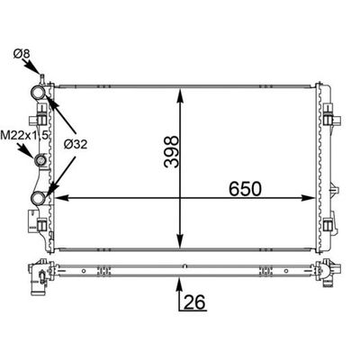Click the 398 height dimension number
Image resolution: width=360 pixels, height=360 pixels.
click(x=172, y=151)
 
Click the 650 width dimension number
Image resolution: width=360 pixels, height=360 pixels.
click(x=245, y=189)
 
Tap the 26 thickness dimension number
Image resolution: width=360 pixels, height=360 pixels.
click(x=194, y=301)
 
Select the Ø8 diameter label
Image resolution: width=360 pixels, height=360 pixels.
click(x=22, y=54)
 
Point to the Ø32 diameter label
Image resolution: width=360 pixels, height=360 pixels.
click(x=76, y=145)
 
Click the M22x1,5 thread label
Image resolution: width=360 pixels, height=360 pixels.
click(x=24, y=135)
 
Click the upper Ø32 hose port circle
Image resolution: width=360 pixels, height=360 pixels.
click(x=38, y=93)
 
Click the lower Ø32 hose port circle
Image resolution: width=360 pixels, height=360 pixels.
click(x=38, y=198)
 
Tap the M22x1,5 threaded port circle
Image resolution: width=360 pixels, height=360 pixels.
click(x=40, y=160)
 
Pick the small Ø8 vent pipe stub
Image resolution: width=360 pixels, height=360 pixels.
click(x=42, y=79)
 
